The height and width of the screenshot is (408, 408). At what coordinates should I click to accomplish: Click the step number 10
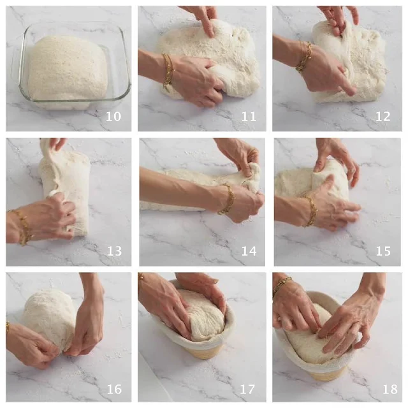(x=113, y=116)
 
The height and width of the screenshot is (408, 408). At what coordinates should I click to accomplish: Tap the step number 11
(x=249, y=116)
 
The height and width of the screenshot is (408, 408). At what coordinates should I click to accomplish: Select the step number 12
(x=382, y=116)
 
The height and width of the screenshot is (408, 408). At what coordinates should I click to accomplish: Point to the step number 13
(x=114, y=251)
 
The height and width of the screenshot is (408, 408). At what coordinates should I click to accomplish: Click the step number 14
(x=249, y=251)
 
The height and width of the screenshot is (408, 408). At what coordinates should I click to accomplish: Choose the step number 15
(x=383, y=251)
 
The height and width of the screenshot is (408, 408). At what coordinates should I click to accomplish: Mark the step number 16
(x=114, y=390)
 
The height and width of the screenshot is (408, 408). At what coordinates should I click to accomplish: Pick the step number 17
(x=247, y=390)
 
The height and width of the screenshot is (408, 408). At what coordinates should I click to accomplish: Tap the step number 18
(x=390, y=390)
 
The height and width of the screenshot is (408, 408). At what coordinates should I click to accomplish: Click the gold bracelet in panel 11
(x=168, y=70)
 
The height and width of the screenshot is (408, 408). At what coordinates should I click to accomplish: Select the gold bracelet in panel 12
(x=303, y=58)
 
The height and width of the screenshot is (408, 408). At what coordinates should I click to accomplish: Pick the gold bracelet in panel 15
(x=310, y=211)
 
